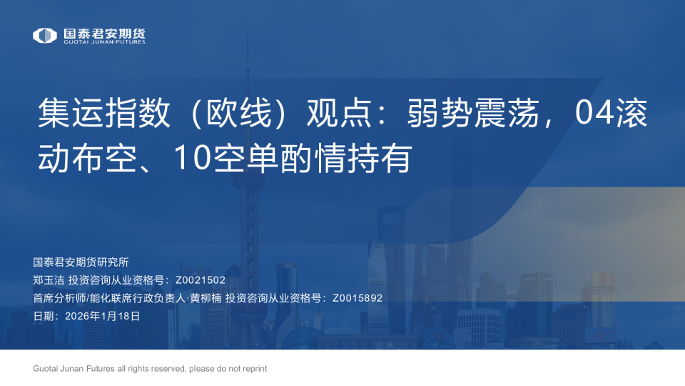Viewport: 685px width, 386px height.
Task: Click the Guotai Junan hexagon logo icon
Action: [x=44, y=35]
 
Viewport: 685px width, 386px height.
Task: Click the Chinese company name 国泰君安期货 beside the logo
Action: [x=104, y=32]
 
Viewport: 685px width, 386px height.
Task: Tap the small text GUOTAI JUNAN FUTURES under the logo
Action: [x=104, y=42]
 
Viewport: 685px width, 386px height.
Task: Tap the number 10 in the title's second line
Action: [x=190, y=159]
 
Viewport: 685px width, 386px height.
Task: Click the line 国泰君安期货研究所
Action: [x=81, y=262]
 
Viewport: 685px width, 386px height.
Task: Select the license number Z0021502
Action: [x=200, y=279]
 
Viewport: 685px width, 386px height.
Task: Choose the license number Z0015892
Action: [x=357, y=297]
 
